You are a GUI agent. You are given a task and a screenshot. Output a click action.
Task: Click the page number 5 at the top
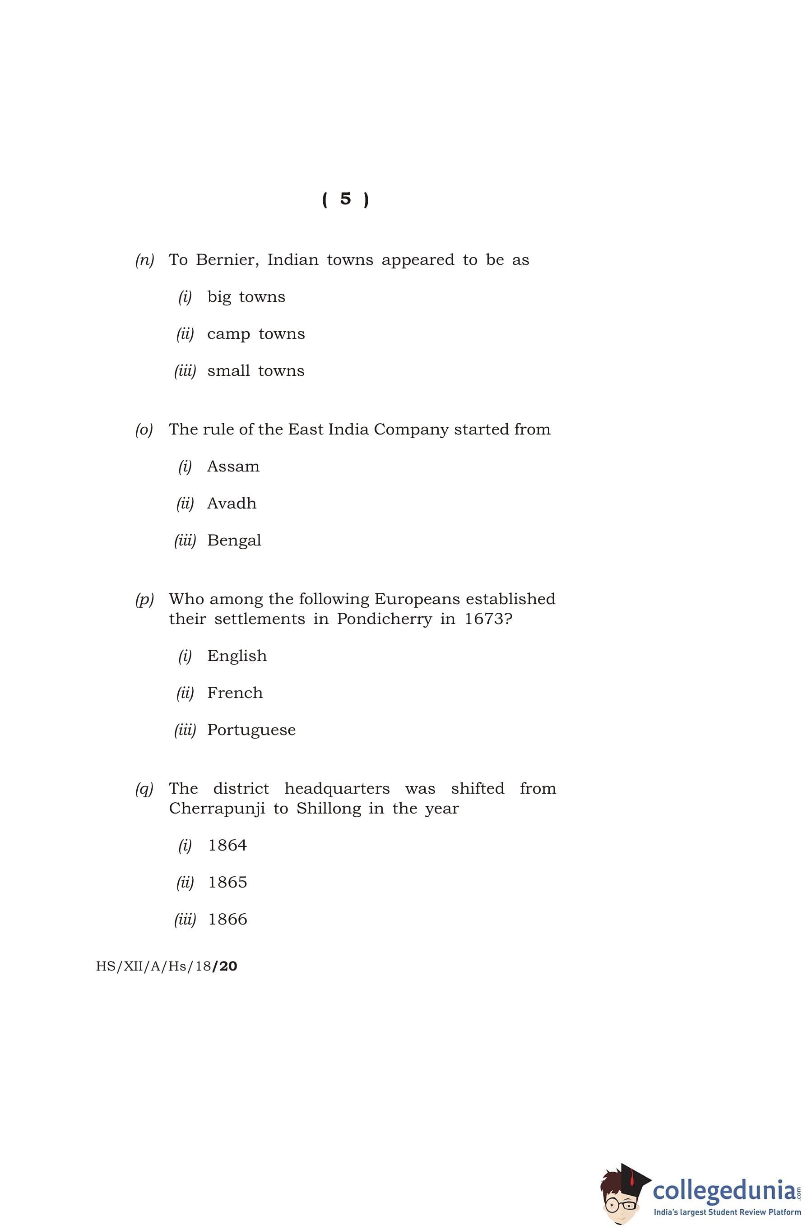click(x=345, y=199)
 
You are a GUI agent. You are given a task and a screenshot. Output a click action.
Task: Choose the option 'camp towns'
click(x=255, y=334)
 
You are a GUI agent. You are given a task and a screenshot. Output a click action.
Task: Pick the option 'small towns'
click(x=255, y=371)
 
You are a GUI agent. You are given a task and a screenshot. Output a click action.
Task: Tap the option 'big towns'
click(x=246, y=297)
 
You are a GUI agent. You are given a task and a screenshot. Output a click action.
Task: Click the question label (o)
click(x=144, y=430)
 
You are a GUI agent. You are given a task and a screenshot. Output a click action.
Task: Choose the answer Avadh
click(x=231, y=504)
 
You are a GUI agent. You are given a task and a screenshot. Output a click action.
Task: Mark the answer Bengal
click(x=234, y=541)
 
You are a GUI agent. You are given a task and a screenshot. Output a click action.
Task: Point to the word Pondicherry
click(x=384, y=619)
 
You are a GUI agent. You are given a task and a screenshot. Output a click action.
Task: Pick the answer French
click(x=235, y=693)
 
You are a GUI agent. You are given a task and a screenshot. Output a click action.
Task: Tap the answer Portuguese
click(x=251, y=730)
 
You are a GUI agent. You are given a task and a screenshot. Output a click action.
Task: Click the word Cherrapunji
click(x=217, y=809)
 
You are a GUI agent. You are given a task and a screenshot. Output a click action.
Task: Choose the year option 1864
click(x=227, y=846)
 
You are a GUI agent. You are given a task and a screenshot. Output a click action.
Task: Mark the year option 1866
click(x=227, y=920)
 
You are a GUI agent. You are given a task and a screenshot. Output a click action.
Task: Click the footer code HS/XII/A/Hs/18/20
click(x=167, y=966)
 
